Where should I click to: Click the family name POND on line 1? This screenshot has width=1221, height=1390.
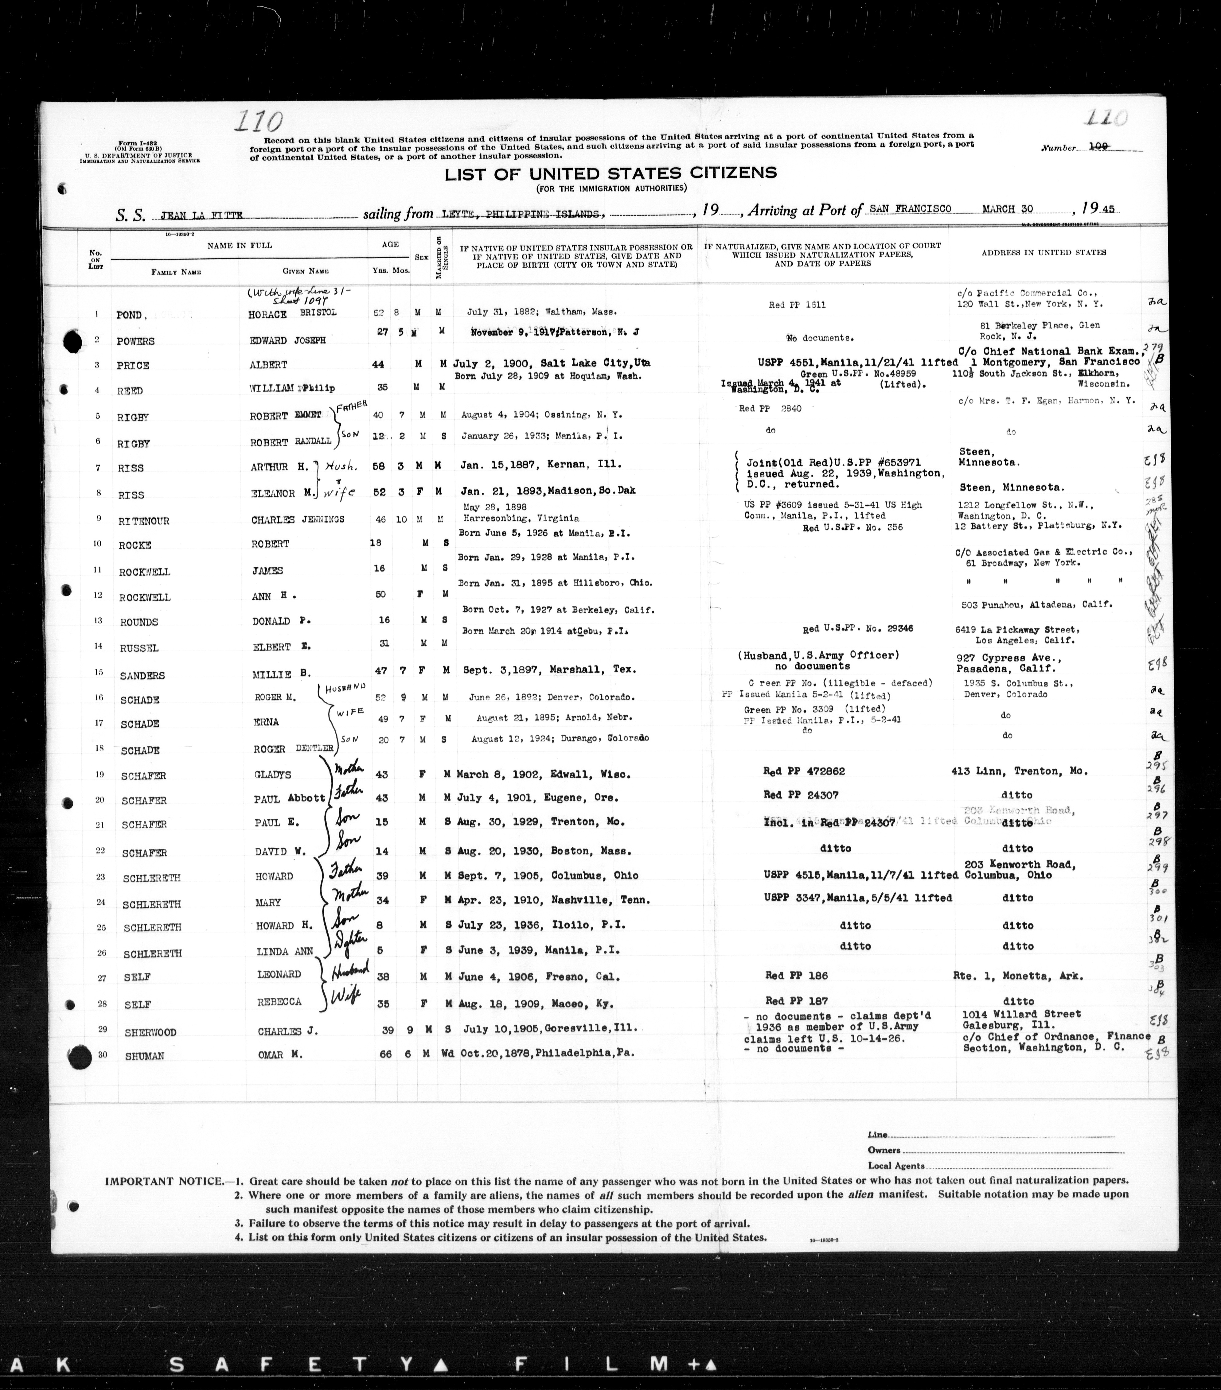(129, 315)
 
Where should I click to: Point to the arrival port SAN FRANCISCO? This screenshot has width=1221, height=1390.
(910, 209)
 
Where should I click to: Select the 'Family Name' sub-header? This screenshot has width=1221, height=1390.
(176, 272)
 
